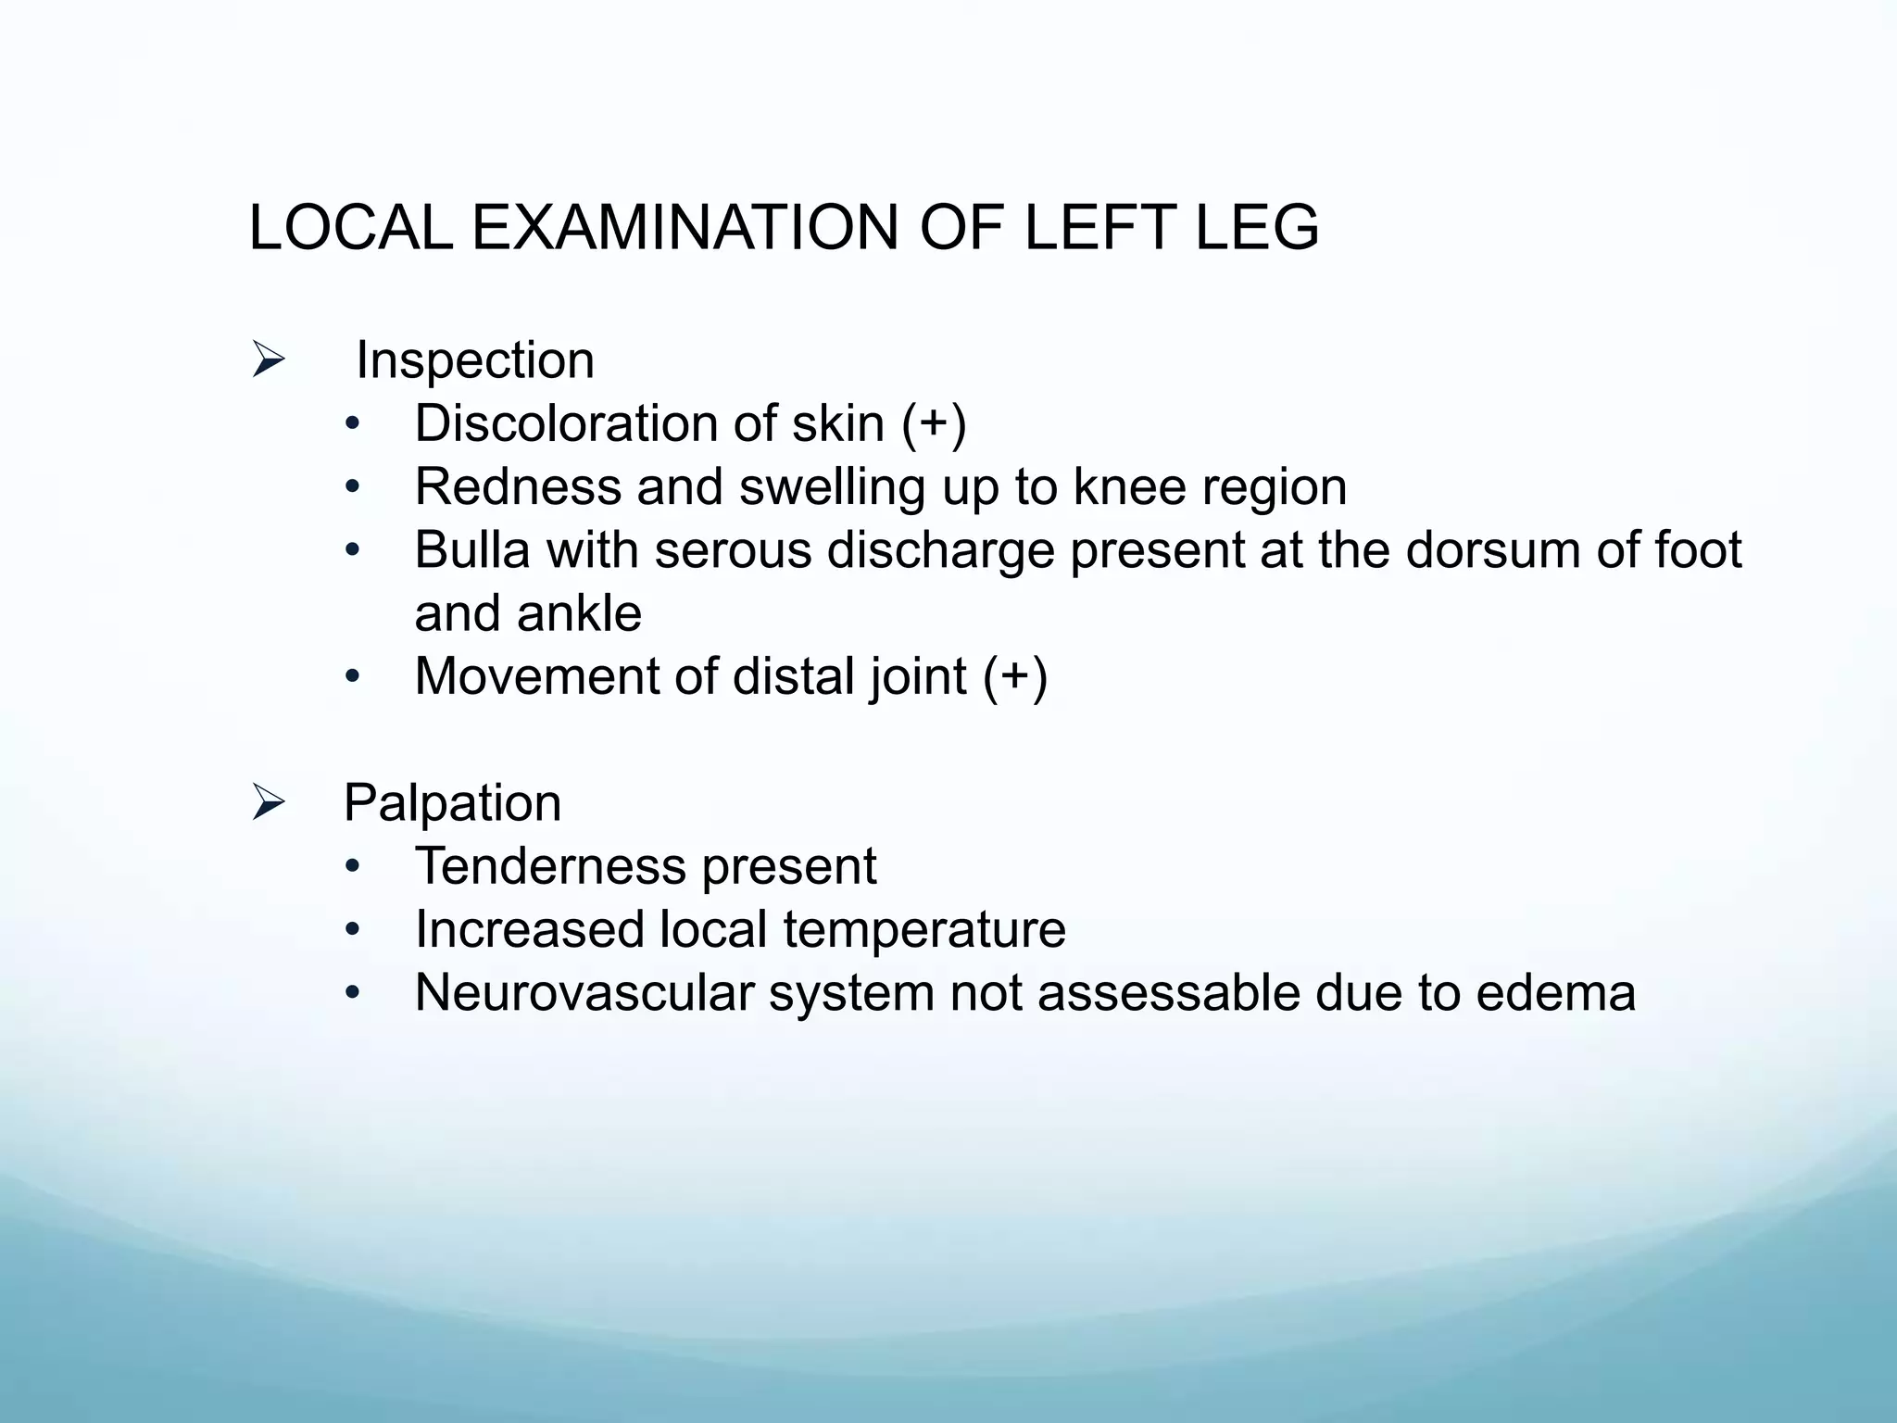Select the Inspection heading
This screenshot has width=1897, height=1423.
coord(474,360)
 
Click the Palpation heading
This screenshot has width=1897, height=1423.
coord(452,803)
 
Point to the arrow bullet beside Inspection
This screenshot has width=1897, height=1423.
coord(268,360)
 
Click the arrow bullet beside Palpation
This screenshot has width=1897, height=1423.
coord(268,802)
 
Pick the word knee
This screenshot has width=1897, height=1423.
coord(1128,487)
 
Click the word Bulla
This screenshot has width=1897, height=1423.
coord(471,550)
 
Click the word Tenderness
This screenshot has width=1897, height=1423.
coord(549,866)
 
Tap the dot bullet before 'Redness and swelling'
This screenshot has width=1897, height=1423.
coord(351,488)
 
